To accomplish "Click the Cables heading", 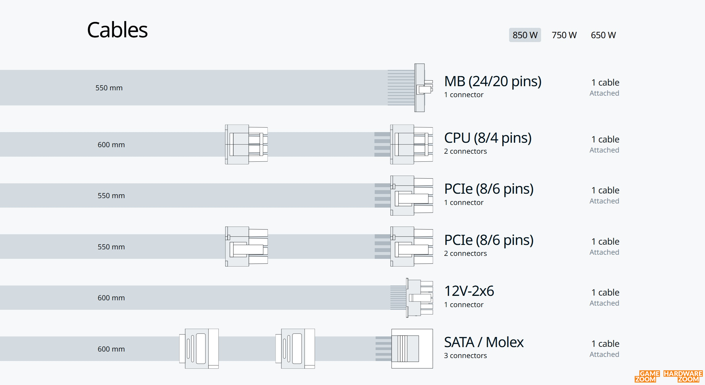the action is pos(117,30).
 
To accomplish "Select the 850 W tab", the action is pos(525,35).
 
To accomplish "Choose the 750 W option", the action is pos(564,35).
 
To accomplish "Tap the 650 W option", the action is pos(603,35).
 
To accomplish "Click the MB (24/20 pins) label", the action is pos(493,81).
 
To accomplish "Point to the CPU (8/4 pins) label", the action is pos(488,138).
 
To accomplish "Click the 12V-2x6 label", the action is pos(469,291).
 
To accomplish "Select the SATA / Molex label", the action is pos(484,342).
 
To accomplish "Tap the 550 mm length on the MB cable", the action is pos(109,88).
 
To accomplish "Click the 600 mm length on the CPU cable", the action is pos(111,145).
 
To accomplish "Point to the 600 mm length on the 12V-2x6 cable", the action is pos(111,298).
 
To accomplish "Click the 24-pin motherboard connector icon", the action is pos(424,88).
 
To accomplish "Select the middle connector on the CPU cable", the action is pos(247,145).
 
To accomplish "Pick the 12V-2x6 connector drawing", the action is pos(419,298).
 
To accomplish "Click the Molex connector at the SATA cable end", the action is pos(412,349).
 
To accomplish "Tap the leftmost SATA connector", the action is pos(199,349).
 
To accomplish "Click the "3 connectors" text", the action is pos(465,356).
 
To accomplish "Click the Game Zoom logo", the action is pos(647,376).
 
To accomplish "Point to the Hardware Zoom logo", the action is pos(683,376).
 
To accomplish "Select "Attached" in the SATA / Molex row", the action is pos(604,354).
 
